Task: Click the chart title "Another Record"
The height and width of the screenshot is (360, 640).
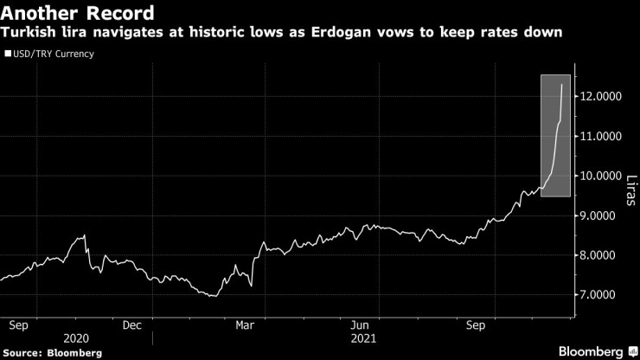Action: tap(79, 14)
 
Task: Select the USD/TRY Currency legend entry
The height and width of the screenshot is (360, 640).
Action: tap(53, 54)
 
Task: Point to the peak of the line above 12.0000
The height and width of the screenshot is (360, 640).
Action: tap(563, 85)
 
